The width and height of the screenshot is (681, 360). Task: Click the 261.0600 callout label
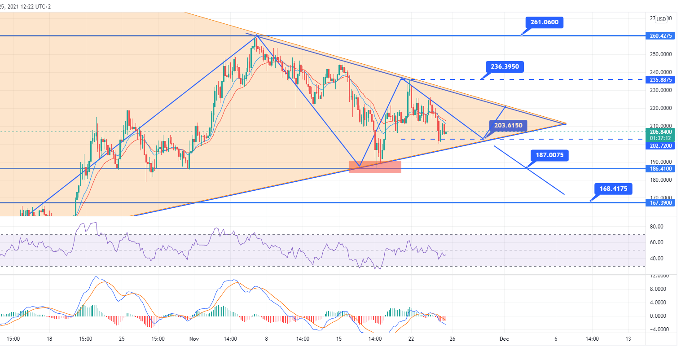coord(544,22)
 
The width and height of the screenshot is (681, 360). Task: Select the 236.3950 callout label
coord(505,67)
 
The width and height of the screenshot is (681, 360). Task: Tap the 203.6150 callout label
coord(508,125)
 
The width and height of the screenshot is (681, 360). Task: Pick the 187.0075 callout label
coord(549,155)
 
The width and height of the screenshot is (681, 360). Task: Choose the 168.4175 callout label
coord(613,189)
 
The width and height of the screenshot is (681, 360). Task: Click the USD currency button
coord(661,19)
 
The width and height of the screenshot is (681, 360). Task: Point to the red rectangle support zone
coord(375,167)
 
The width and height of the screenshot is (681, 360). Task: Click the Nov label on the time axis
coord(194,339)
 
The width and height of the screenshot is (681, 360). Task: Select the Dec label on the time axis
coord(504,339)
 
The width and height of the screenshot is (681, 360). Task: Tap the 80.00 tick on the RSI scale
coord(657,227)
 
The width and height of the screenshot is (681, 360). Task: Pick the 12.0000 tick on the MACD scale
coord(659,276)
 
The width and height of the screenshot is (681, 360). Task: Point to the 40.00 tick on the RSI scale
coord(657,259)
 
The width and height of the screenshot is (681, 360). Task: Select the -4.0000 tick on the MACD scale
coord(659,329)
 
